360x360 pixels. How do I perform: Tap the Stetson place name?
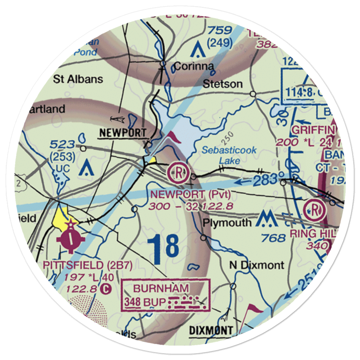[x=222, y=84]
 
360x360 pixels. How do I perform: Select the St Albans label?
[x=78, y=79]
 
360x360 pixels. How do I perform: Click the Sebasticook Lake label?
[x=229, y=155]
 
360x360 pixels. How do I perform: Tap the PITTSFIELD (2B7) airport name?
[x=88, y=265]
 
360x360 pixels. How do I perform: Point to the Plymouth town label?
[x=227, y=222]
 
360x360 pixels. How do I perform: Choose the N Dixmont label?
[x=257, y=265]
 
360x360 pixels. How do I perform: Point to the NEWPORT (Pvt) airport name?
[x=191, y=195]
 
